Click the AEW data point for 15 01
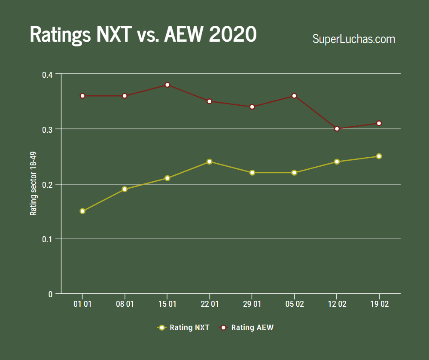click(x=167, y=85)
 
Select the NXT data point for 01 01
click(x=82, y=211)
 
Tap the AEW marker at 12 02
click(x=337, y=128)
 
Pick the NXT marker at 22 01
click(x=209, y=162)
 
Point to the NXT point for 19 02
click(x=379, y=156)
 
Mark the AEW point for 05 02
click(x=294, y=95)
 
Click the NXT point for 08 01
click(x=125, y=189)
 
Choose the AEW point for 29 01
click(x=252, y=107)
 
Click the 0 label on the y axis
click(x=51, y=294)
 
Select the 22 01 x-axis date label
click(x=209, y=304)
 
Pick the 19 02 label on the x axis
click(x=379, y=304)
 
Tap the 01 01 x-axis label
click(x=82, y=304)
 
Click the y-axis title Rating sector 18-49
click(x=33, y=184)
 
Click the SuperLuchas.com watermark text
click(x=354, y=39)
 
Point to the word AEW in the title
click(x=182, y=34)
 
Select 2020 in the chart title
click(x=233, y=34)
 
